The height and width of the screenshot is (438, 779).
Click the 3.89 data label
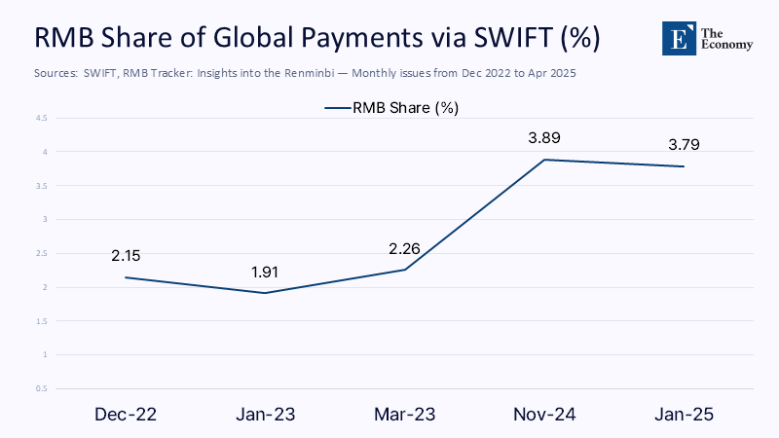pos(543,138)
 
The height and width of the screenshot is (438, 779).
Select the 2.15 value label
pos(126,256)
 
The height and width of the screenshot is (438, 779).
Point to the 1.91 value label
pos(265,272)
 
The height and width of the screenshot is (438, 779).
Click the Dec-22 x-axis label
pos(126,414)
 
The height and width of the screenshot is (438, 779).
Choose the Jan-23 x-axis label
pos(265,414)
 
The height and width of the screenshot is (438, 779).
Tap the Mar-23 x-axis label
pos(404,414)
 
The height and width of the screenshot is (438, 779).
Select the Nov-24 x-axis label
pos(543,414)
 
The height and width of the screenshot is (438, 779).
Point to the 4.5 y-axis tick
pos(42,118)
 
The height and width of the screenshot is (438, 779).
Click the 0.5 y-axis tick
pos(42,388)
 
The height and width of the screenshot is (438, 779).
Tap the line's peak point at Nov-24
pos(543,160)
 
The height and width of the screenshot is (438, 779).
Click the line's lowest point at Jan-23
pos(265,293)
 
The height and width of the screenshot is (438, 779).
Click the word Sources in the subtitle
pos(56,74)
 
